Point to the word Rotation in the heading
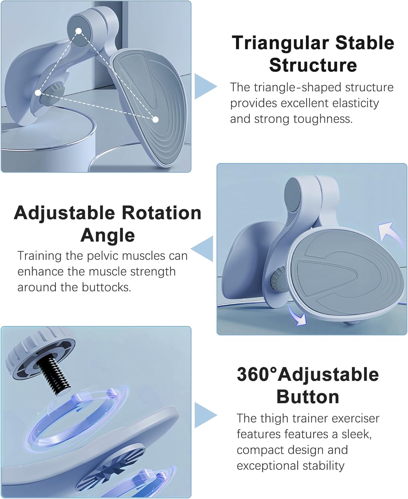coord(161,213)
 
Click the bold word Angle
coord(108,236)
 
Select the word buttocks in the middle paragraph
coord(106,287)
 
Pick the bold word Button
coord(307,397)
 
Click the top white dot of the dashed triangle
coord(79,31)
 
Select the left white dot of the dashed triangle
coord(38,93)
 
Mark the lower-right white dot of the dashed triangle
coord(155,120)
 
